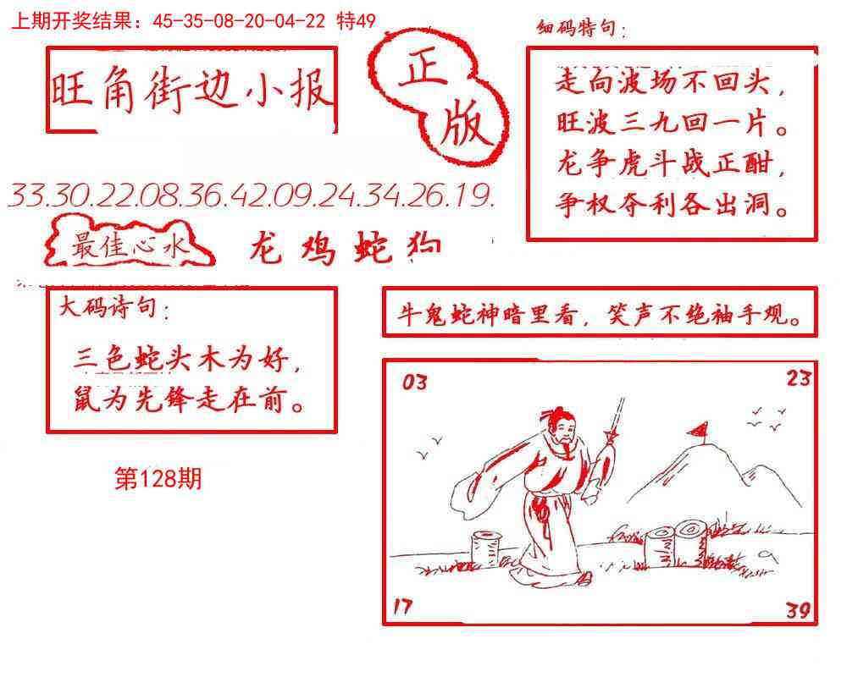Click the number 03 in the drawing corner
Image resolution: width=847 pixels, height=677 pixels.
(x=415, y=383)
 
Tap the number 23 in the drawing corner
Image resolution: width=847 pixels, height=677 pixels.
(x=798, y=378)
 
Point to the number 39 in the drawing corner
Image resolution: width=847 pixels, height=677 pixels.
(x=797, y=609)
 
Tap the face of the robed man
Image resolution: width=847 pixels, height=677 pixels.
(x=560, y=433)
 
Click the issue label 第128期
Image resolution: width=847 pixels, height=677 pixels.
(x=158, y=479)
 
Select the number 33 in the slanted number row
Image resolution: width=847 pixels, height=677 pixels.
(x=28, y=196)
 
